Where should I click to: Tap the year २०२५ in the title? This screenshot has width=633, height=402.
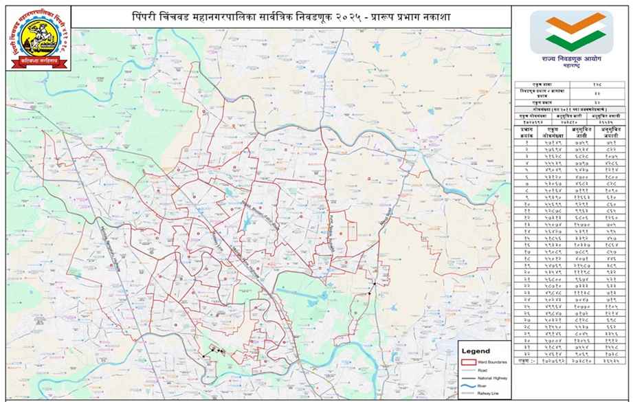pos(364,16)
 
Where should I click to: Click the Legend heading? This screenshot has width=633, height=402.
pos(476,350)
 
